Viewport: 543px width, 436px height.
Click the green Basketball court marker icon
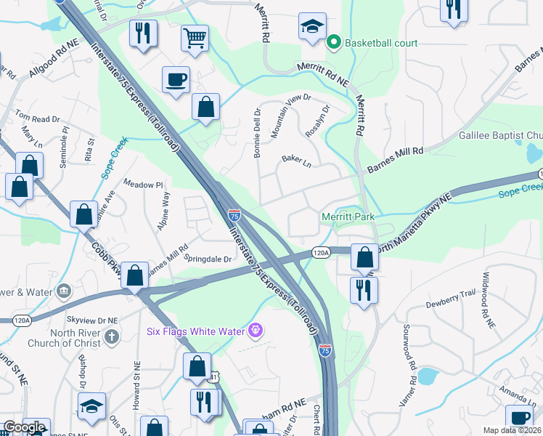tap(334, 43)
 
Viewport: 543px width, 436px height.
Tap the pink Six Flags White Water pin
tap(255, 331)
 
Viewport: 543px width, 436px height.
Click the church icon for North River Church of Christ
tap(110, 336)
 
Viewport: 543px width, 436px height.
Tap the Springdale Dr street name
tap(208, 258)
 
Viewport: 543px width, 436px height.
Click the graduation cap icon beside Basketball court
tap(312, 28)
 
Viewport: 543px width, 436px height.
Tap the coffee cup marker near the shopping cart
tap(176, 79)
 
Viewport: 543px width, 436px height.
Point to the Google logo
tap(24, 427)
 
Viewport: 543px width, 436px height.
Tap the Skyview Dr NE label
tap(92, 320)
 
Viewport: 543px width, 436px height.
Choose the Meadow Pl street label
tap(144, 185)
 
